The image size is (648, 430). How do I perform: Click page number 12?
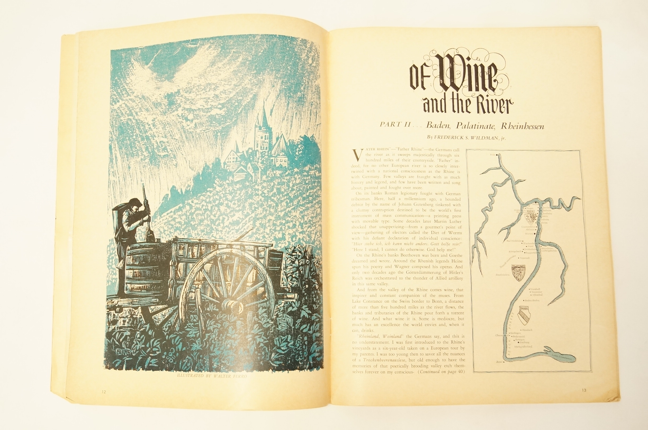103,392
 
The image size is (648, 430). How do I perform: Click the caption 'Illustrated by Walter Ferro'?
212,376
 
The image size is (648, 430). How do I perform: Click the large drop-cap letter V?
357,155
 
